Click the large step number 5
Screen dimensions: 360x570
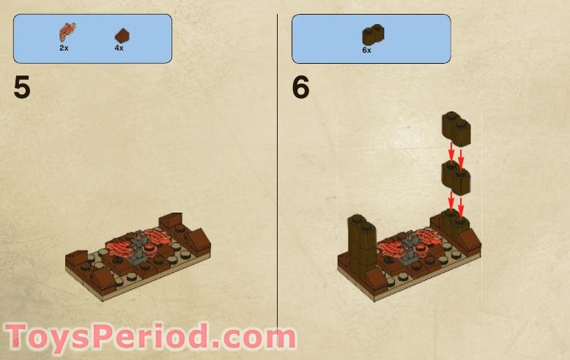point(22,88)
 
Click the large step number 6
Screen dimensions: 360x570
point(301,88)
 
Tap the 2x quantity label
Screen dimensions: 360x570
point(64,48)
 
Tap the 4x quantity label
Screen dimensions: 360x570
point(119,48)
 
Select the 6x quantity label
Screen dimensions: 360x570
point(366,51)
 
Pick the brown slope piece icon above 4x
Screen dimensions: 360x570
point(121,34)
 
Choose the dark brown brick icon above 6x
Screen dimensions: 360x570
point(373,34)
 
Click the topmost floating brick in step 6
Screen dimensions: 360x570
point(455,128)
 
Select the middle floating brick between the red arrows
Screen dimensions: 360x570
point(455,176)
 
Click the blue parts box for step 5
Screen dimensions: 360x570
point(92,38)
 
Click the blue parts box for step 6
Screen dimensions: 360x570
point(371,38)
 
